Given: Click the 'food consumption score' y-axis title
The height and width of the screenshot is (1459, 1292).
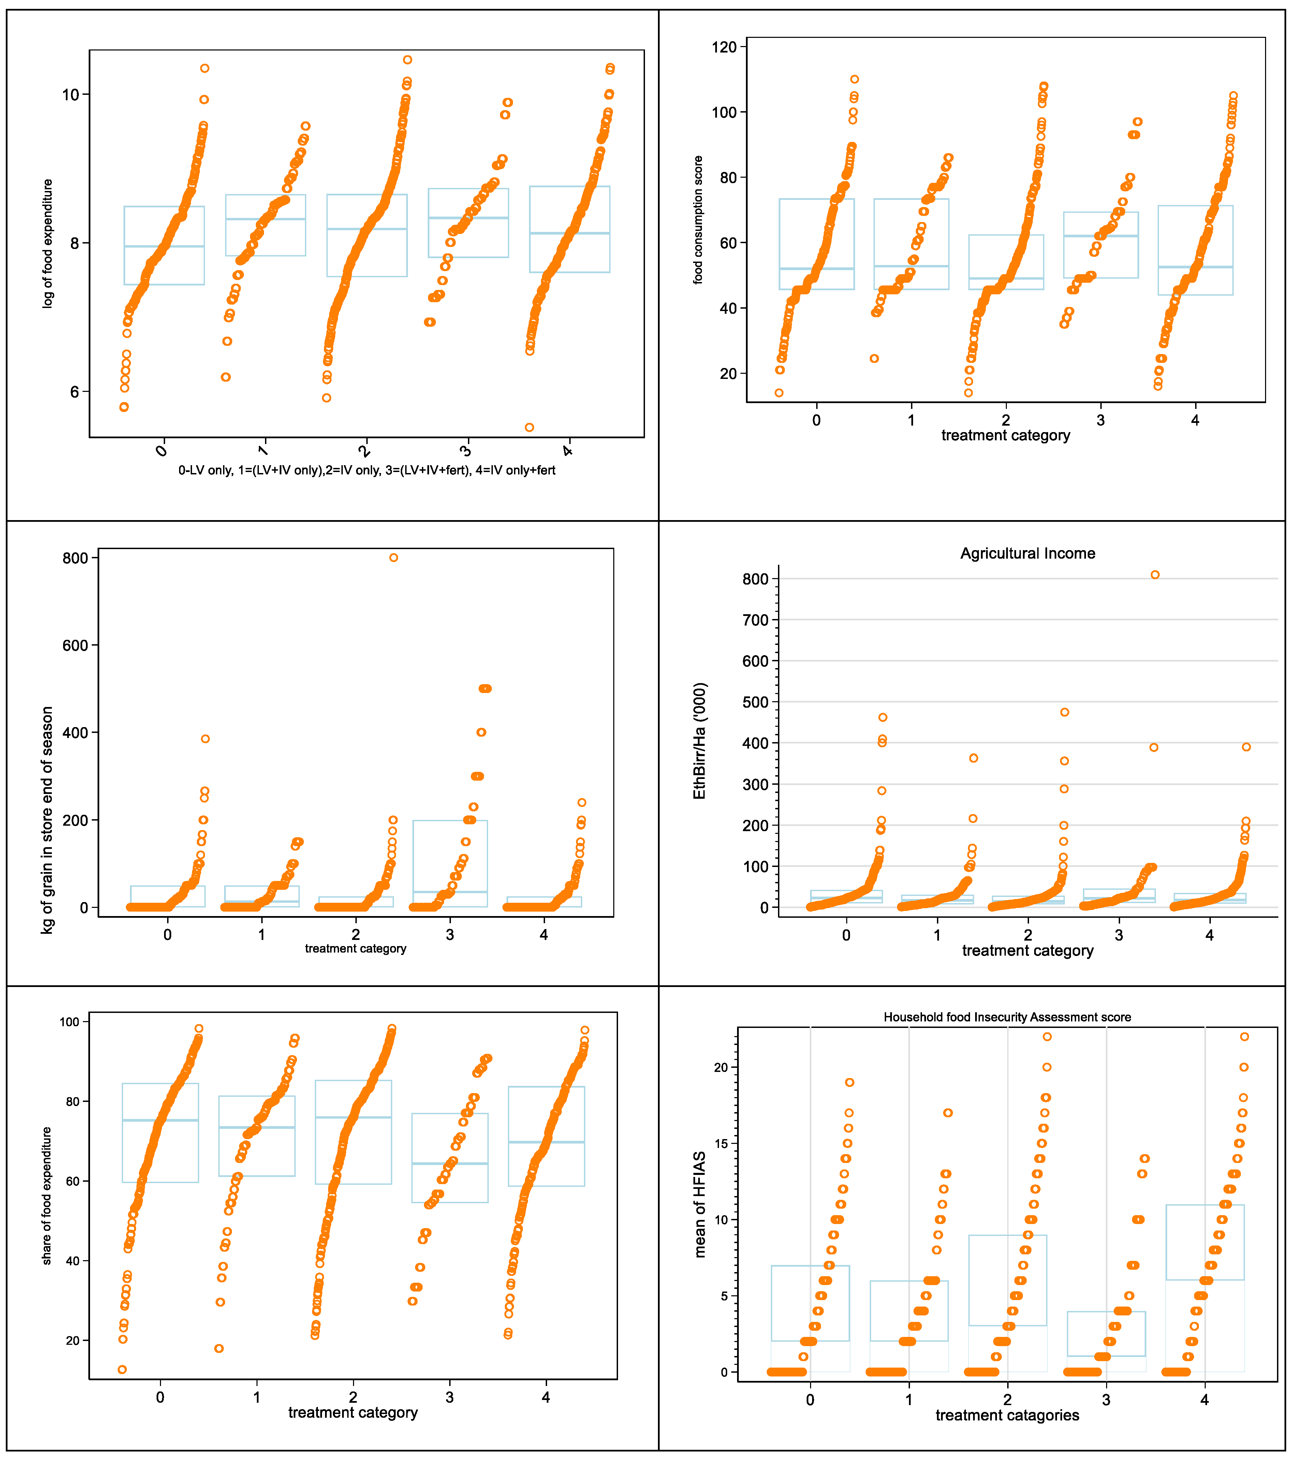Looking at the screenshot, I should (698, 220).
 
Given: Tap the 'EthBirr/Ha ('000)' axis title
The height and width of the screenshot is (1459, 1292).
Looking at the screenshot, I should (700, 741).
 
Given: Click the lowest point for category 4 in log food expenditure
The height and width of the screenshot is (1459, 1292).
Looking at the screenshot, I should (529, 428).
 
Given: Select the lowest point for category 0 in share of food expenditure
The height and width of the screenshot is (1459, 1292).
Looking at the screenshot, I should (122, 1370).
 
